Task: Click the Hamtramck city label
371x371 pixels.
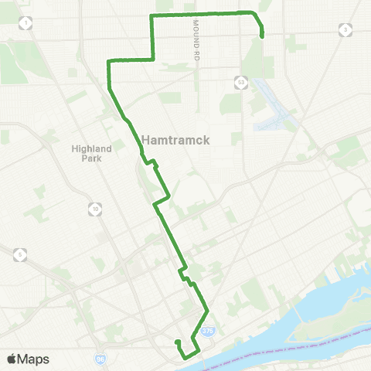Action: (177, 139)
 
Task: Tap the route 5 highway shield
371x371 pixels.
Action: (20, 254)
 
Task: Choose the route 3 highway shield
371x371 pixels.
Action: (343, 29)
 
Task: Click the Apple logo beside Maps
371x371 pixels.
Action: (12, 359)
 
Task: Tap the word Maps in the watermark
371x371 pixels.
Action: (34, 359)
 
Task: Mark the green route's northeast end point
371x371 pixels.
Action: (263, 36)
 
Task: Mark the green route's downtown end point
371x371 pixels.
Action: (177, 342)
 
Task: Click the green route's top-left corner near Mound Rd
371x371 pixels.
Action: (151, 16)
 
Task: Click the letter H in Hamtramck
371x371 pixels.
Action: (147, 139)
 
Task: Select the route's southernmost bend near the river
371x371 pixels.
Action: (186, 356)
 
